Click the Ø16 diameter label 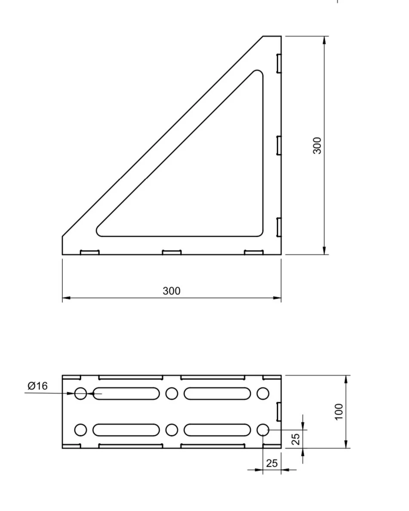pyautogui.click(x=37, y=386)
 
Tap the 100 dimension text pyautogui.click(x=339, y=411)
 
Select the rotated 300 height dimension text pyautogui.click(x=317, y=146)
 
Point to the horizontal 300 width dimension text pyautogui.click(x=172, y=291)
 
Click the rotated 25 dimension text pyautogui.click(x=295, y=439)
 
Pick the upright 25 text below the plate pyautogui.click(x=272, y=463)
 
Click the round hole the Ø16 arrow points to pyautogui.click(x=80, y=393)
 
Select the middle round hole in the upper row pyautogui.click(x=172, y=393)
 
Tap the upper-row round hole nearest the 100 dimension pyautogui.click(x=263, y=393)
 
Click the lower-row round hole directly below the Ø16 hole pyautogui.click(x=80, y=430)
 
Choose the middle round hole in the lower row pyautogui.click(x=172, y=430)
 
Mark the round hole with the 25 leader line pyautogui.click(x=263, y=430)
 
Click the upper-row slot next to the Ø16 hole pyautogui.click(x=126, y=393)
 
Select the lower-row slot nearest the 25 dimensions pyautogui.click(x=217, y=430)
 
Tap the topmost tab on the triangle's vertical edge pyautogui.click(x=279, y=63)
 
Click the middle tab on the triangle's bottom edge pyautogui.click(x=172, y=252)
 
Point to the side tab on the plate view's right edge pyautogui.click(x=279, y=411)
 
